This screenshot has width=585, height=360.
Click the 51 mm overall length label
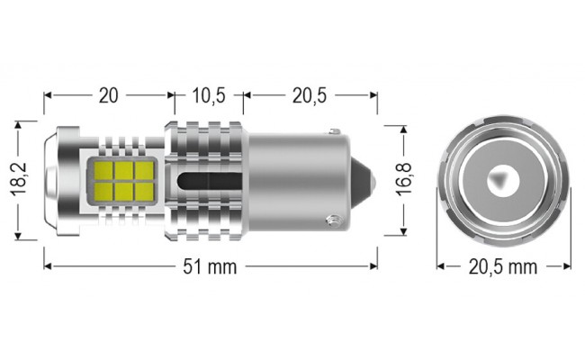(209, 266)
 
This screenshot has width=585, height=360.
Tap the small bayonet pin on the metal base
(331, 217)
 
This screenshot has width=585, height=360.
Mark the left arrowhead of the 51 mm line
(48, 266)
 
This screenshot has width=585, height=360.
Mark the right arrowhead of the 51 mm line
(372, 266)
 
